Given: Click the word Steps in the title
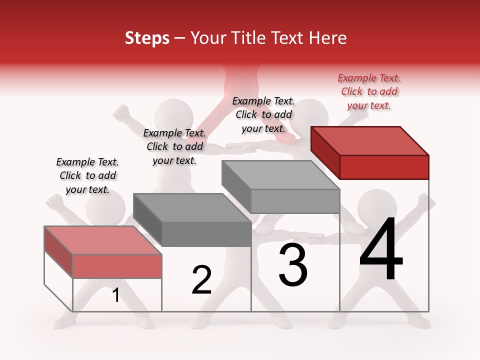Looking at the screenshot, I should click(x=147, y=38).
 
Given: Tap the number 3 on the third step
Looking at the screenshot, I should click(x=293, y=265).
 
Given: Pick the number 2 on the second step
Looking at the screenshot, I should click(x=202, y=280).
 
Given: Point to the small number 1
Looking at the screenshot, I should click(x=115, y=295).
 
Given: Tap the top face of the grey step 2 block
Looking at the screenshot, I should click(x=192, y=207).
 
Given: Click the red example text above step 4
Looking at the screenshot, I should click(x=369, y=91).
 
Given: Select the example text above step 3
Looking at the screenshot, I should click(x=263, y=114).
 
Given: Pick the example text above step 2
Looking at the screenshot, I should click(x=174, y=146).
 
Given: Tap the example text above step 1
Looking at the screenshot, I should click(x=87, y=175).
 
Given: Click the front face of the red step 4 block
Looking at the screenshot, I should click(x=384, y=167).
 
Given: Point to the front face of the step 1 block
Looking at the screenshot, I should click(x=117, y=266).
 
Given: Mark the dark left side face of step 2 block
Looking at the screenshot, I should click(x=147, y=220).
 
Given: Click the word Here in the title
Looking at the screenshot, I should click(x=328, y=38).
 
